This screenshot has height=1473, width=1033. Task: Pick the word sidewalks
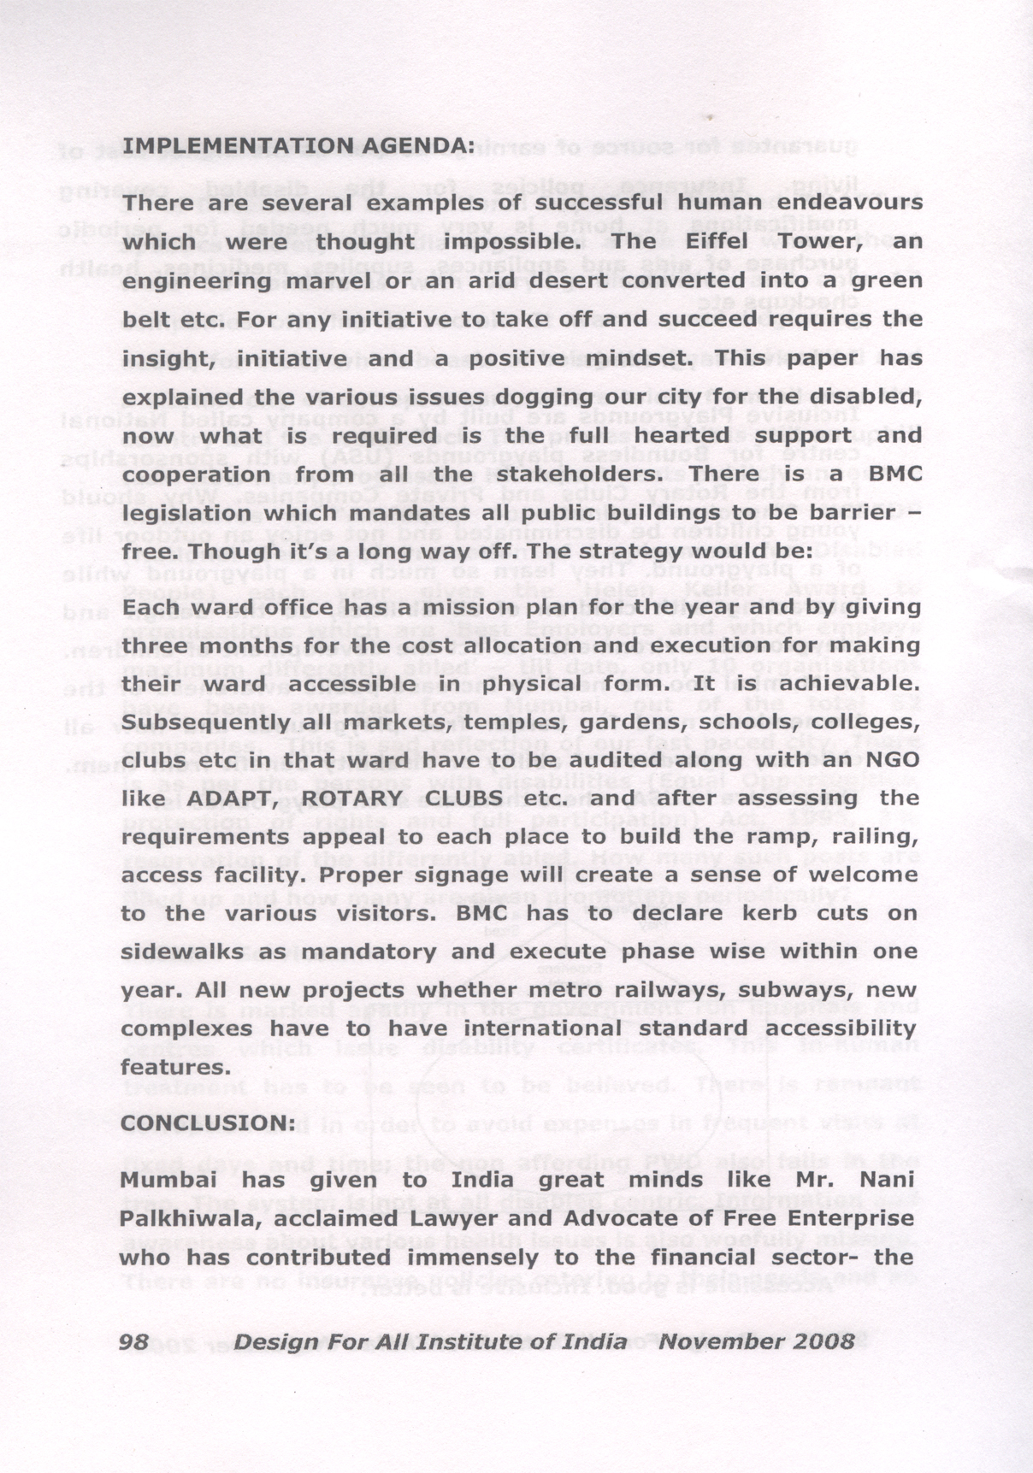point(181,952)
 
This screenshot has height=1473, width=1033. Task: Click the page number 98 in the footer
point(135,1341)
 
